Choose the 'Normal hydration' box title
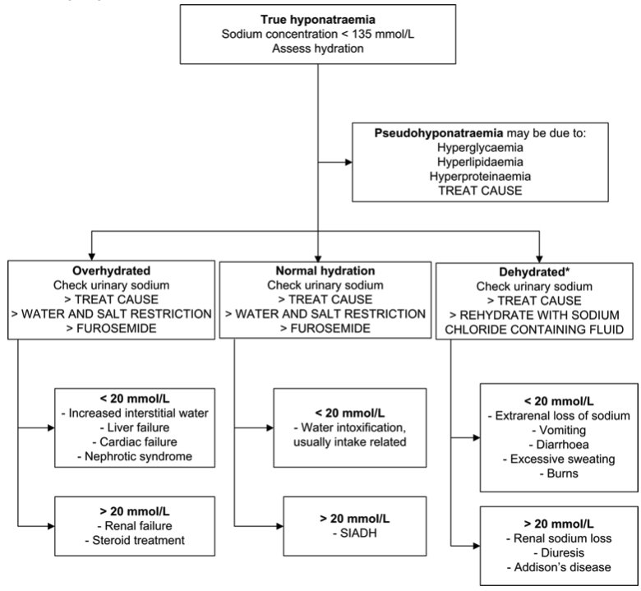tap(324, 270)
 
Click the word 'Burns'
tap(546, 474)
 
